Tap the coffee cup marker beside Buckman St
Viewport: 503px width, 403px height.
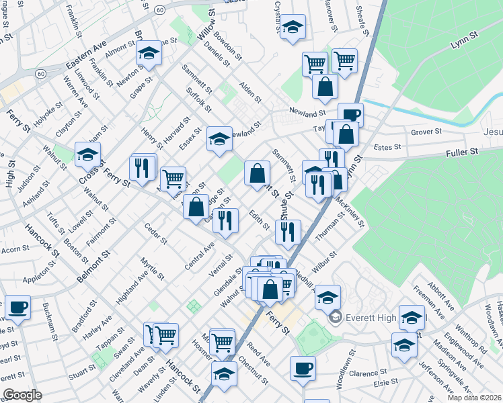pyautogui.click(x=17, y=308)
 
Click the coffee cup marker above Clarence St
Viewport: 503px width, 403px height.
pyautogui.click(x=302, y=369)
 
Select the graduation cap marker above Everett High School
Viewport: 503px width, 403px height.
pyautogui.click(x=327, y=296)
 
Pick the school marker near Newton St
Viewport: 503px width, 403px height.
pyautogui.click(x=149, y=52)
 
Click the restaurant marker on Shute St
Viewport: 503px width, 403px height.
pyautogui.click(x=288, y=232)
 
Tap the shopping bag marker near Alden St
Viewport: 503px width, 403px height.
pyautogui.click(x=325, y=87)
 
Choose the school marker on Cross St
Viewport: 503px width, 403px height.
pyautogui.click(x=87, y=154)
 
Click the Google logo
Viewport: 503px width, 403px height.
pyautogui.click(x=22, y=395)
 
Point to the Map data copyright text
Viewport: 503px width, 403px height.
pyautogui.click(x=474, y=398)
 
